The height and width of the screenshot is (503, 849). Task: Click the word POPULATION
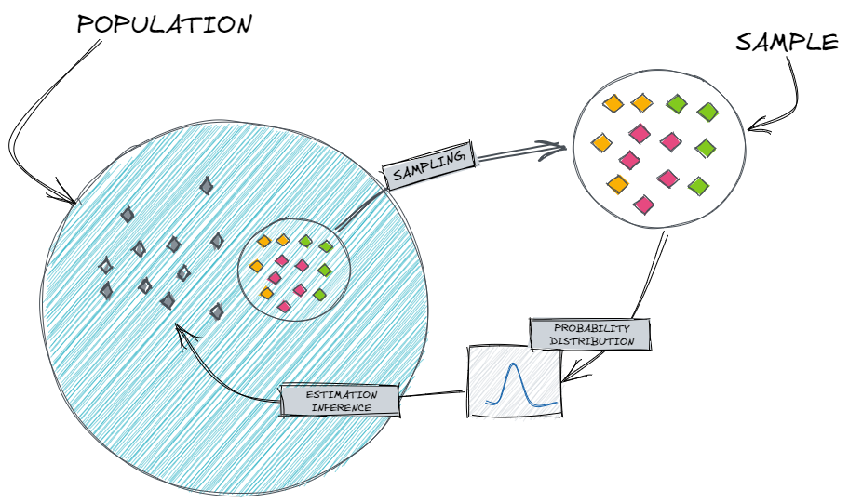click(x=164, y=25)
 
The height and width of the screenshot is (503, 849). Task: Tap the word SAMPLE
click(x=787, y=44)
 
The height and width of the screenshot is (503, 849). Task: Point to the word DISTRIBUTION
click(x=591, y=341)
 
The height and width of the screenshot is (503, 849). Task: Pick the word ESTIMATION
click(x=340, y=395)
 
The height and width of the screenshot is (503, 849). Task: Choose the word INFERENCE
click(x=340, y=407)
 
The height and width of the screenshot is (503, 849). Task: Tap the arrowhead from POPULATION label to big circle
click(x=73, y=199)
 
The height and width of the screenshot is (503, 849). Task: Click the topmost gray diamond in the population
click(x=206, y=186)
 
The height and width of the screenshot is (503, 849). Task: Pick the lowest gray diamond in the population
click(x=217, y=311)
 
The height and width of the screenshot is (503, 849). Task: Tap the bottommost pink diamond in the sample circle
click(x=642, y=203)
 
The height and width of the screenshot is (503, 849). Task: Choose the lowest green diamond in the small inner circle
click(x=319, y=295)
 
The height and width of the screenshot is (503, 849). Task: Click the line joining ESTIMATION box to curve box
click(x=432, y=394)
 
